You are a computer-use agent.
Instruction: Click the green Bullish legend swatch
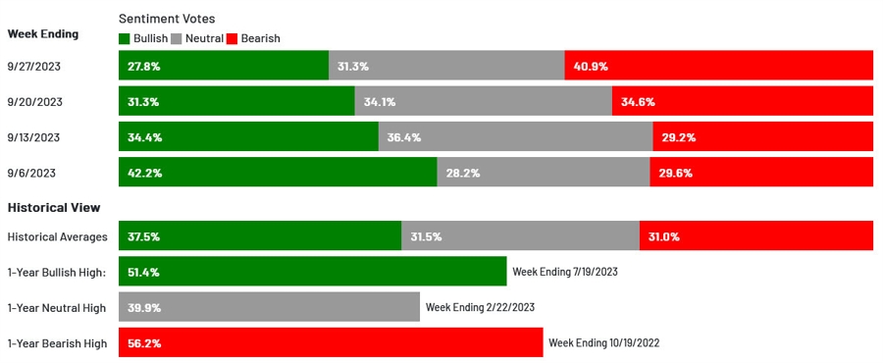coord(125,38)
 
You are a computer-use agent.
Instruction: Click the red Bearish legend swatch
coord(232,38)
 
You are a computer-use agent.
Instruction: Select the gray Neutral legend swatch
coord(177,38)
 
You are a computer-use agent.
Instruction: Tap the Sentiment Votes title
coord(167,19)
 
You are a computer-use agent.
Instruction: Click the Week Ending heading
coord(43,33)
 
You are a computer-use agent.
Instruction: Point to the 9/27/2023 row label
coord(34,66)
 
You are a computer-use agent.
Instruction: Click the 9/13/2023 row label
coord(34,137)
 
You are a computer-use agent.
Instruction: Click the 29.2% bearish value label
coord(678,137)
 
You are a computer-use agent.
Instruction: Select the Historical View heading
coord(54,208)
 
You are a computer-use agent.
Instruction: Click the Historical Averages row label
coord(58,236)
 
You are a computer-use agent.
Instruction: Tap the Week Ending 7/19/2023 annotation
coord(565,272)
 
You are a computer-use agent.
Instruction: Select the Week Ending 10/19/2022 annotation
coord(604,343)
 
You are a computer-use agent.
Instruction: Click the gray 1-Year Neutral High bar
coord(269,307)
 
